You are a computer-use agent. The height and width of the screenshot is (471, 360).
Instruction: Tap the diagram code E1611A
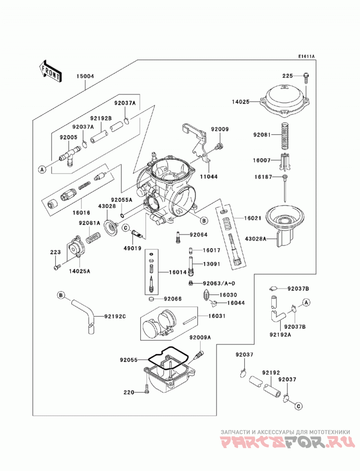(306, 56)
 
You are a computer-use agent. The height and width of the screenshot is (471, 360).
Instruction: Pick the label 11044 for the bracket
(209, 177)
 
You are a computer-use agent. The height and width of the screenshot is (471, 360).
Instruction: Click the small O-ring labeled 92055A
(121, 215)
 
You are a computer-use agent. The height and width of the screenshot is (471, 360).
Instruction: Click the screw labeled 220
(146, 389)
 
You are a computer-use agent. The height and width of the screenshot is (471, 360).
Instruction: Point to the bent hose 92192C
(85, 316)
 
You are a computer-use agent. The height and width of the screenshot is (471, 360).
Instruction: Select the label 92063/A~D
(219, 283)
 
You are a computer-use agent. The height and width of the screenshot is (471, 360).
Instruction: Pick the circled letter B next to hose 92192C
(61, 295)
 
